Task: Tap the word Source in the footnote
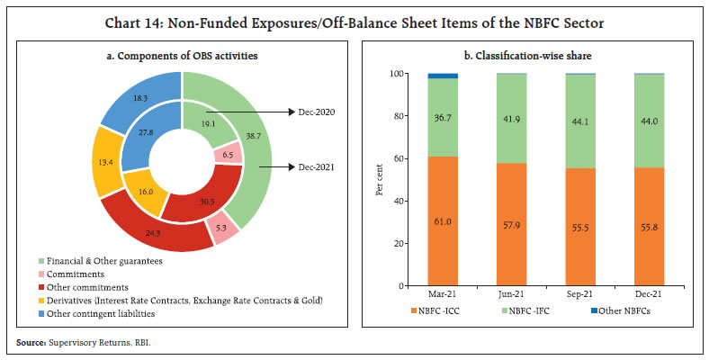click(x=27, y=342)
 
